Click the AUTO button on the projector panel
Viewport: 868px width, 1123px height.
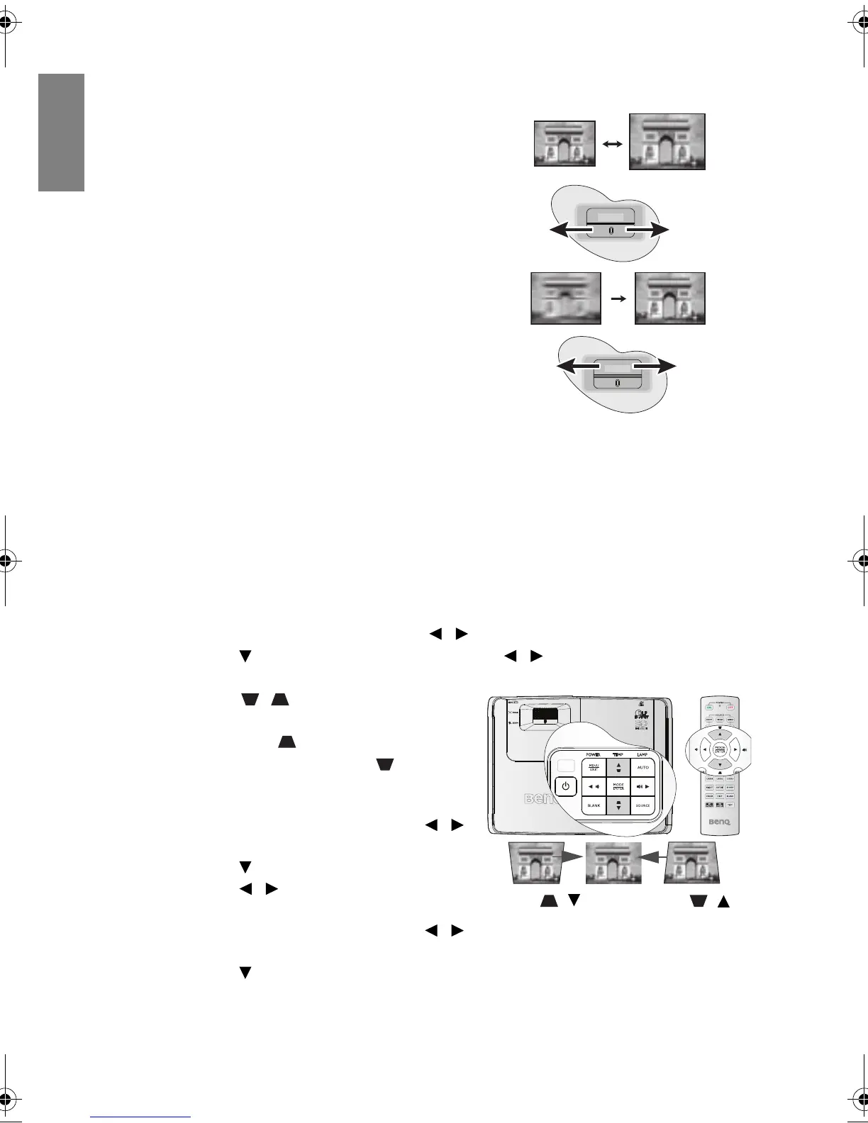point(643,767)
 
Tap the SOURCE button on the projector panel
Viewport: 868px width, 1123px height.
point(642,806)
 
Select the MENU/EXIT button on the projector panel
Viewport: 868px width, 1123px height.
point(594,767)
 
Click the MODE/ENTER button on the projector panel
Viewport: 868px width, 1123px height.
point(618,786)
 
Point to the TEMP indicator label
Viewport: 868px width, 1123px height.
point(618,754)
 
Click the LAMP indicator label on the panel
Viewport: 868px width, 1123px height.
point(643,754)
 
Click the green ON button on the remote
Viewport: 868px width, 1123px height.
point(708,707)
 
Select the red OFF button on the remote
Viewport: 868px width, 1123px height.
point(730,707)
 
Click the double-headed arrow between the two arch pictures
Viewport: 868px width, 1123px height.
point(612,143)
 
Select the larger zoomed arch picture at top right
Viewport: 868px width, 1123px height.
point(667,142)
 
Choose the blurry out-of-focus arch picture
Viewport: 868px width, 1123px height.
point(566,298)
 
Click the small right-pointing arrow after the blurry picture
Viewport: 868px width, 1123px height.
point(618,299)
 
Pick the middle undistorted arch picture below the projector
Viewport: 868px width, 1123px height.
point(613,863)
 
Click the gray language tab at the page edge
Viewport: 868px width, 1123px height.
point(62,133)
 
